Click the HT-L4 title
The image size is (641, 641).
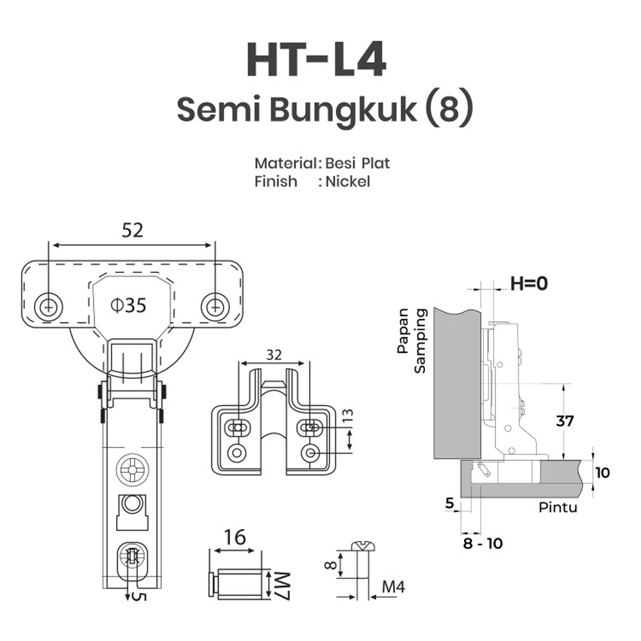point(316,60)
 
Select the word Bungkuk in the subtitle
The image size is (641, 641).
point(342,110)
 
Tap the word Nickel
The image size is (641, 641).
point(347,181)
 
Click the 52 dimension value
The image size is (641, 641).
point(133,230)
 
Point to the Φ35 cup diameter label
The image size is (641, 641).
point(128,305)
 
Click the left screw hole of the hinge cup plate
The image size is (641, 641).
point(48,306)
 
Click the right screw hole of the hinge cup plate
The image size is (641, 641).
point(215,306)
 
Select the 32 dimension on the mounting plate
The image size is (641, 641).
point(274,354)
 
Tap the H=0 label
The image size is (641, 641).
point(529,283)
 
